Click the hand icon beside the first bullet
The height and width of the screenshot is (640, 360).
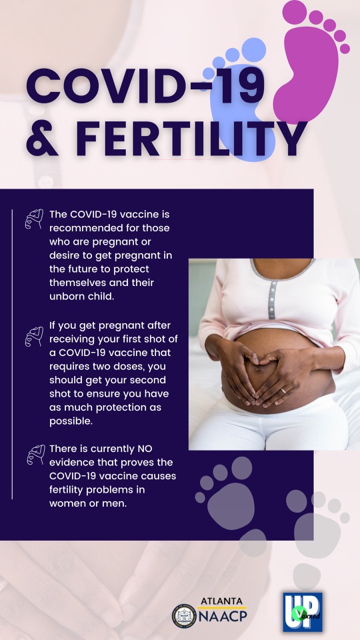[34, 219]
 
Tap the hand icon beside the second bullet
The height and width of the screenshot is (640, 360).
[34, 336]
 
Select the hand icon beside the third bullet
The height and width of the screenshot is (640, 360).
[34, 456]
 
